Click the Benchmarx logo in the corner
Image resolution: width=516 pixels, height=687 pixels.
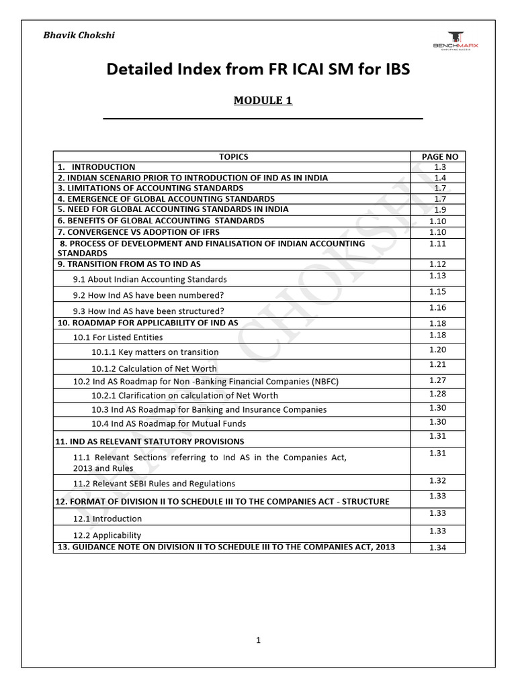click(x=457, y=40)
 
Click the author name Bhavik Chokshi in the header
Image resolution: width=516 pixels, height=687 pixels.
click(x=79, y=36)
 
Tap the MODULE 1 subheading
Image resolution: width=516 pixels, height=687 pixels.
click(x=263, y=101)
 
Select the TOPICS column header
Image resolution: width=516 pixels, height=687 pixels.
click(x=233, y=156)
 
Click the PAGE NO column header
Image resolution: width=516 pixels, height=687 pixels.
click(x=439, y=156)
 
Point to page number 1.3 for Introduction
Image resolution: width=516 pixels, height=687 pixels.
click(x=439, y=167)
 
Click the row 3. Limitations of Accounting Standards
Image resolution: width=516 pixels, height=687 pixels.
click(x=150, y=189)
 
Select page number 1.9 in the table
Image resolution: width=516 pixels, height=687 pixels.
click(x=439, y=209)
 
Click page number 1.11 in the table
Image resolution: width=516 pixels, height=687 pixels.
click(x=437, y=244)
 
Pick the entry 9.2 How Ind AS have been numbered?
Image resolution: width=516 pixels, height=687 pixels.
click(x=148, y=295)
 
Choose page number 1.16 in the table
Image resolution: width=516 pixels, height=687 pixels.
click(x=437, y=307)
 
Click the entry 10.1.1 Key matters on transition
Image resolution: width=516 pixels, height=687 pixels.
click(x=155, y=352)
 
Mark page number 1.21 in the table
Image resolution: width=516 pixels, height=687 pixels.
click(x=437, y=364)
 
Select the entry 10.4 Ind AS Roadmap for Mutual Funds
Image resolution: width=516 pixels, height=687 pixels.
click(x=169, y=423)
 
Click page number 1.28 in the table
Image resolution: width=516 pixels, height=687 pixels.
click(x=437, y=394)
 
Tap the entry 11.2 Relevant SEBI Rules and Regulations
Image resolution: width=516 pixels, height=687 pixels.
click(x=154, y=483)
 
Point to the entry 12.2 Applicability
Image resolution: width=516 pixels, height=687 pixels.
click(x=107, y=535)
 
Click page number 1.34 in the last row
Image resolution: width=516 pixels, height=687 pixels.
click(x=437, y=547)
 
